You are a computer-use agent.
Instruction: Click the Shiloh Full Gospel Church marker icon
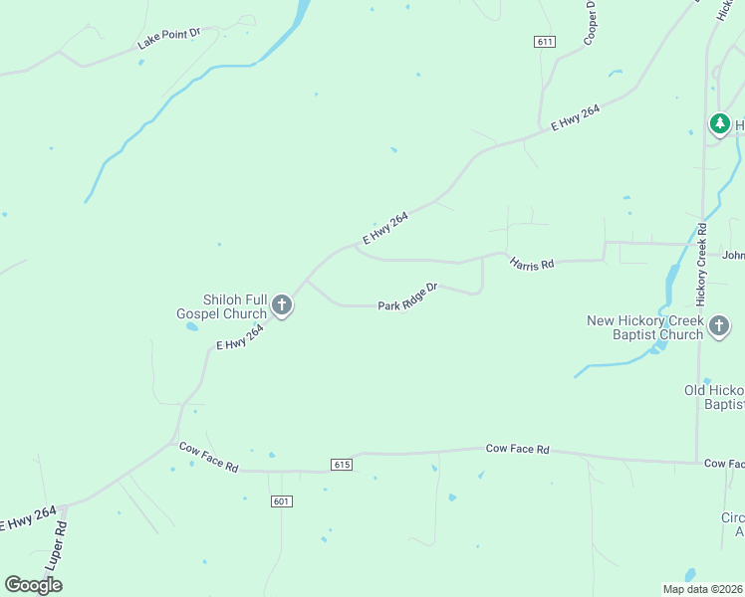click(x=282, y=304)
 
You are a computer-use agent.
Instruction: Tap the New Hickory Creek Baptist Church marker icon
click(x=719, y=324)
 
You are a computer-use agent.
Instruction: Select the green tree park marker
click(x=719, y=124)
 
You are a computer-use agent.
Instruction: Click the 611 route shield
click(x=544, y=42)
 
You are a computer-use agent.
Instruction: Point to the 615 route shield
click(x=342, y=465)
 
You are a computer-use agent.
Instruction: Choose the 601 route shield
click(x=280, y=501)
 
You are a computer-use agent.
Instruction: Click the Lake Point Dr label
click(x=168, y=40)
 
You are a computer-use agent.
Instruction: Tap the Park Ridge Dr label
click(x=408, y=297)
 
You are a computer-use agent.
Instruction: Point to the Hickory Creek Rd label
click(x=701, y=264)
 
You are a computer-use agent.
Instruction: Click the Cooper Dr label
click(x=591, y=22)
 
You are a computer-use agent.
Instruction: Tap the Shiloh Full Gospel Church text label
click(x=220, y=306)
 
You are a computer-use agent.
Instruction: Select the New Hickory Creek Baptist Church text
click(x=645, y=327)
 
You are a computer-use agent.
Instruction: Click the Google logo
click(x=34, y=585)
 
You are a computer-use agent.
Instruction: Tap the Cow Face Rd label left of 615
click(x=209, y=457)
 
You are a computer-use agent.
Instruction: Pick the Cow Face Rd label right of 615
click(x=518, y=450)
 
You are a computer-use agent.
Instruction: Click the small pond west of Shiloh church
click(x=191, y=326)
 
